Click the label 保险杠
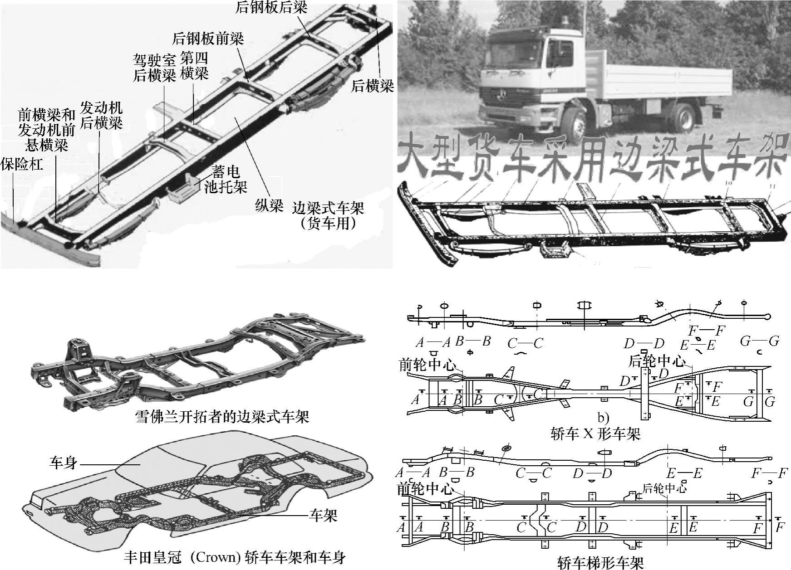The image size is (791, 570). [x=22, y=164]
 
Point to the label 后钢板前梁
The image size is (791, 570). [x=208, y=38]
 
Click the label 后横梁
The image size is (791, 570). [x=372, y=86]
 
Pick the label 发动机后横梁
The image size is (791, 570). [x=101, y=115]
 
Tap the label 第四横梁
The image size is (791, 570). [x=194, y=66]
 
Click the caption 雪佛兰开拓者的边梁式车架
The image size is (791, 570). [x=222, y=416]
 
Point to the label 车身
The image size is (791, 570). [x=63, y=463]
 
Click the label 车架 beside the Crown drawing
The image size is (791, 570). [x=324, y=515]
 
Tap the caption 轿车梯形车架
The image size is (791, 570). [x=600, y=563]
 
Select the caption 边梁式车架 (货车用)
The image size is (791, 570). [x=328, y=215]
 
